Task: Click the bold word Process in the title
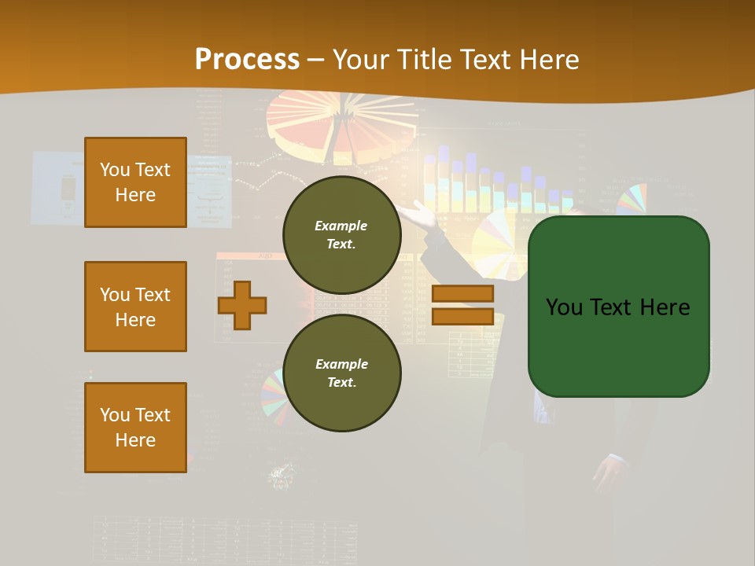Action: [247, 59]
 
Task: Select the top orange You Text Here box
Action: [135, 182]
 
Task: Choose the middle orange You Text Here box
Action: [135, 307]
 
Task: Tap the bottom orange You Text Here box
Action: [135, 428]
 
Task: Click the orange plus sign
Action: [242, 304]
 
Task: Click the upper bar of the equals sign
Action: [462, 294]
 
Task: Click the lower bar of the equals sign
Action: [462, 316]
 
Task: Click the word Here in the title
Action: [544, 59]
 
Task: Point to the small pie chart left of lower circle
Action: [272, 391]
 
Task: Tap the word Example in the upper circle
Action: [341, 226]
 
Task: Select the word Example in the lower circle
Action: [341, 364]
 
